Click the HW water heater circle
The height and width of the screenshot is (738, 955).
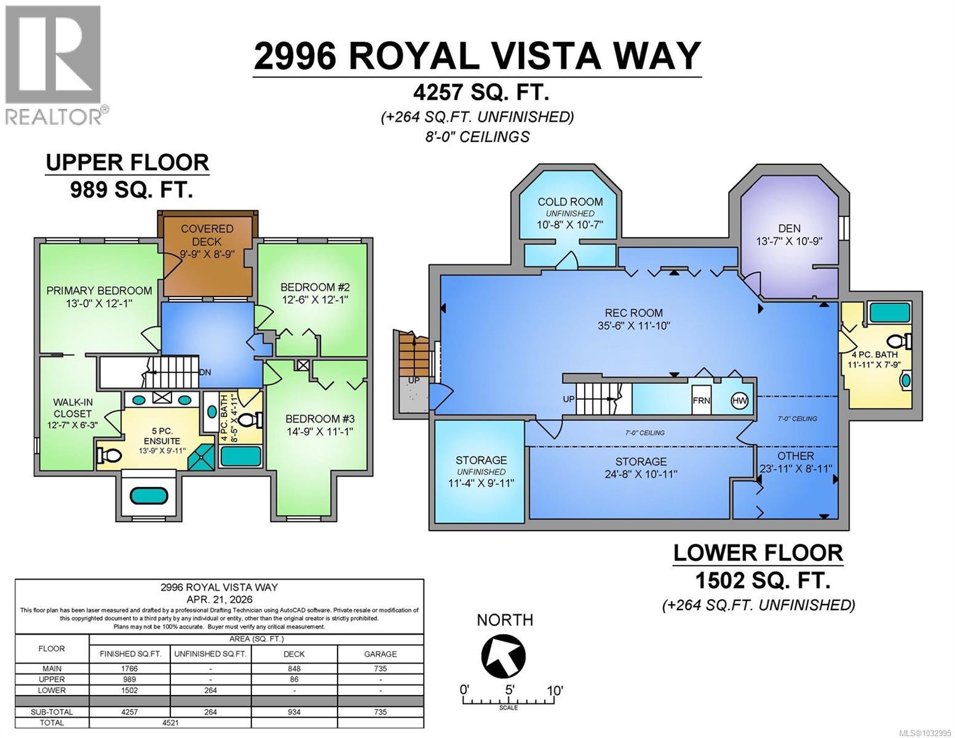(740, 401)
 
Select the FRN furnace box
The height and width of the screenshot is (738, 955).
(702, 401)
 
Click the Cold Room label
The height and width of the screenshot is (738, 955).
(569, 202)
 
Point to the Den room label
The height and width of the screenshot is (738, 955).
(789, 228)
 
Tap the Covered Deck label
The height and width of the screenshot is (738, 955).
(207, 235)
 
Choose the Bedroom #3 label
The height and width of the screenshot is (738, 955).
(319, 419)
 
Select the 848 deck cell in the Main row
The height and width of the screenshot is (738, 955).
(295, 669)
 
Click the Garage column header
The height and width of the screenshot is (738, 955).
(380, 654)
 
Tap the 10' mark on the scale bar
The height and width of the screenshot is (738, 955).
(554, 690)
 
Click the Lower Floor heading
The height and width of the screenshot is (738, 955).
(758, 553)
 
